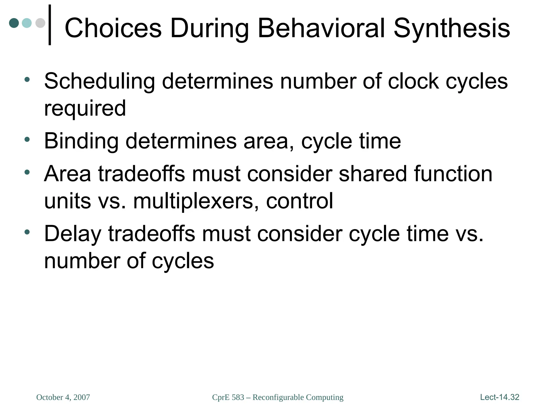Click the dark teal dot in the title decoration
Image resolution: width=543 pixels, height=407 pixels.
(x=14, y=23)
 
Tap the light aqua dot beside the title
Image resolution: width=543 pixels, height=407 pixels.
(x=27, y=23)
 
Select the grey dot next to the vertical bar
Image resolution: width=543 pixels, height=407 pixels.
(x=40, y=23)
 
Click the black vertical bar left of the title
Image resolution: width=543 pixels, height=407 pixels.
(x=50, y=25)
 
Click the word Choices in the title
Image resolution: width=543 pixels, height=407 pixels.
(x=113, y=28)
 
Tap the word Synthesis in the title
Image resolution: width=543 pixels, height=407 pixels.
(x=452, y=28)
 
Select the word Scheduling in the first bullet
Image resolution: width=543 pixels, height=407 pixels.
(x=99, y=82)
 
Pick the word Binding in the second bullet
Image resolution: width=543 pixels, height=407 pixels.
(x=81, y=141)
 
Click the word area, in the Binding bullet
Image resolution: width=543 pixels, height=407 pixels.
(x=269, y=141)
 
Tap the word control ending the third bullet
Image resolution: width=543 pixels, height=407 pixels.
(x=300, y=201)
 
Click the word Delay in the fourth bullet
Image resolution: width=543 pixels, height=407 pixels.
(x=73, y=234)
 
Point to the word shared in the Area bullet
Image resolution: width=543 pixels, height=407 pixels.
(x=373, y=174)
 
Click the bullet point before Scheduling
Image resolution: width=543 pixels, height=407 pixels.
(x=27, y=79)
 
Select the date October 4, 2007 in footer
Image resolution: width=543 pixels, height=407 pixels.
(x=63, y=397)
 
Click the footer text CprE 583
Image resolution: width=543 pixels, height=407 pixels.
(x=228, y=397)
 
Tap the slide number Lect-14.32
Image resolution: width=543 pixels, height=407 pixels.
(x=500, y=397)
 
